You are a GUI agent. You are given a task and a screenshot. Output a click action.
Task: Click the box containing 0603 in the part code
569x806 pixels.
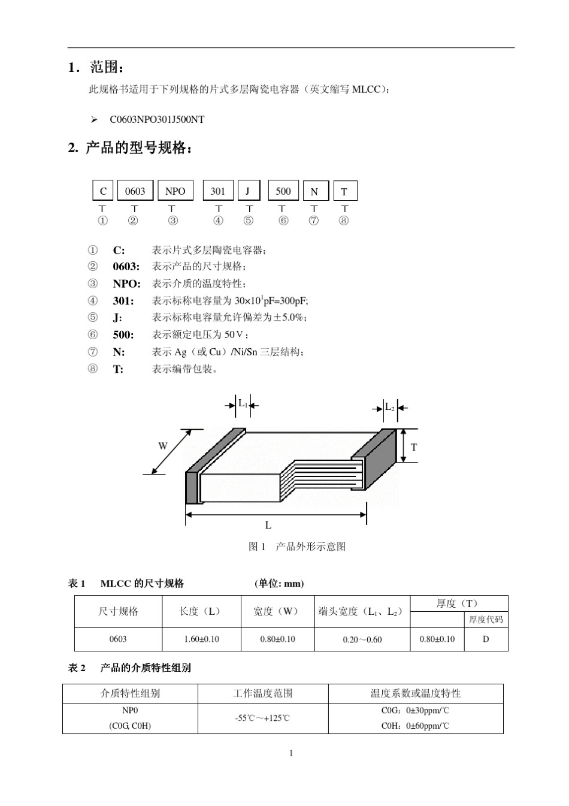tap(135, 191)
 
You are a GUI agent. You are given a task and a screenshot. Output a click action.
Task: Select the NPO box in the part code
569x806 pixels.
tap(175, 191)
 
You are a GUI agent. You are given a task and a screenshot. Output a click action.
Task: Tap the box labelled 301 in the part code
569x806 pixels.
tap(218, 191)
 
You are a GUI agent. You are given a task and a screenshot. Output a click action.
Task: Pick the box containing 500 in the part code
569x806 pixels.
tap(283, 191)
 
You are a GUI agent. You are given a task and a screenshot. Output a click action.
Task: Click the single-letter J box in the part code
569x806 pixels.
tap(248, 191)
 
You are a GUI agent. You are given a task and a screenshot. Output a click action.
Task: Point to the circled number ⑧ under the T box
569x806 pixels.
tap(344, 221)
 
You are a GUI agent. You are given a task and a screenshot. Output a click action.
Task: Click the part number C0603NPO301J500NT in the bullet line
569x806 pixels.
tap(157, 119)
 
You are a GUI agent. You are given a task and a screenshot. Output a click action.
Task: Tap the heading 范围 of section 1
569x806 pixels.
tap(107, 67)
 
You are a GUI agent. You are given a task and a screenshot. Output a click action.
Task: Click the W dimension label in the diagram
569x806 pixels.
tap(163, 446)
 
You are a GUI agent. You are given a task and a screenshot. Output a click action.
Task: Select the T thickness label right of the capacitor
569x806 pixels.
tap(413, 447)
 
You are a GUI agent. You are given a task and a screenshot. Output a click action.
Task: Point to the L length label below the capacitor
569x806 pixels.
tap(268, 526)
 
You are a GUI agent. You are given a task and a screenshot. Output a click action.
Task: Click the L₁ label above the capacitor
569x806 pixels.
tap(243, 403)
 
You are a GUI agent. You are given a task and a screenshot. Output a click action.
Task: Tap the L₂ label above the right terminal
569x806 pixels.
tap(389, 407)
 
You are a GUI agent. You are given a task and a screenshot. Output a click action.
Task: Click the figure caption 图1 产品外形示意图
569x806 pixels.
tap(297, 547)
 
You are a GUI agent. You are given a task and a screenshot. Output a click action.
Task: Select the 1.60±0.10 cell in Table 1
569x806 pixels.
tap(201, 639)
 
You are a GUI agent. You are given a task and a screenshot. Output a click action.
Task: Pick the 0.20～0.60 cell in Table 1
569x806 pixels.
tap(362, 639)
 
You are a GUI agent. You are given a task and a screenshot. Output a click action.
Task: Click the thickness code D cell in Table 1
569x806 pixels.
tap(486, 639)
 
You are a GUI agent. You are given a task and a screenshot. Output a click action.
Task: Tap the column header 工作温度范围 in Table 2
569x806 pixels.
tap(263, 693)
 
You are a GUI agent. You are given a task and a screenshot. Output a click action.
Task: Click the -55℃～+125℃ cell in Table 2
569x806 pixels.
tap(263, 718)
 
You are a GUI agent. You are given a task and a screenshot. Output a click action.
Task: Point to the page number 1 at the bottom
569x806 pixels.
tap(291, 753)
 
